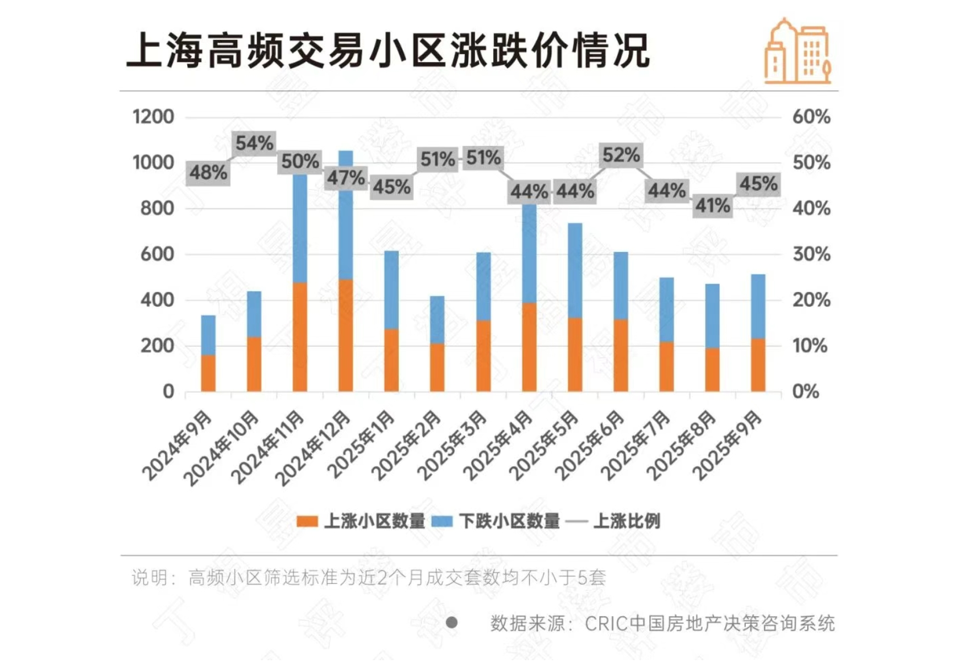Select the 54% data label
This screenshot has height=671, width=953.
(254, 143)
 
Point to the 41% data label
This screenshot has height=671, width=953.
(712, 205)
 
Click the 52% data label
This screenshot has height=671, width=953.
(621, 155)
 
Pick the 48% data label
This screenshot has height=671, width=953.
(208, 172)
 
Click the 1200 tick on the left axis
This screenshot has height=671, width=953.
(153, 117)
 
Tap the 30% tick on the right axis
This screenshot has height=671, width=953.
(811, 254)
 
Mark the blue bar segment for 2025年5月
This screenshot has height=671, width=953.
(575, 270)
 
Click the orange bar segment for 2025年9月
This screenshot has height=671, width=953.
(758, 365)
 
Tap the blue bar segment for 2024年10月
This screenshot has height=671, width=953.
(254, 314)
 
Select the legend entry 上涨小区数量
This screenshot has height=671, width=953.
(362, 521)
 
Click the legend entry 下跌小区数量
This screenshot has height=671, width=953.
(497, 521)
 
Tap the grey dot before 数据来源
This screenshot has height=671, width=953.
(452, 623)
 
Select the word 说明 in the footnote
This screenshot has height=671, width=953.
(150, 578)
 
